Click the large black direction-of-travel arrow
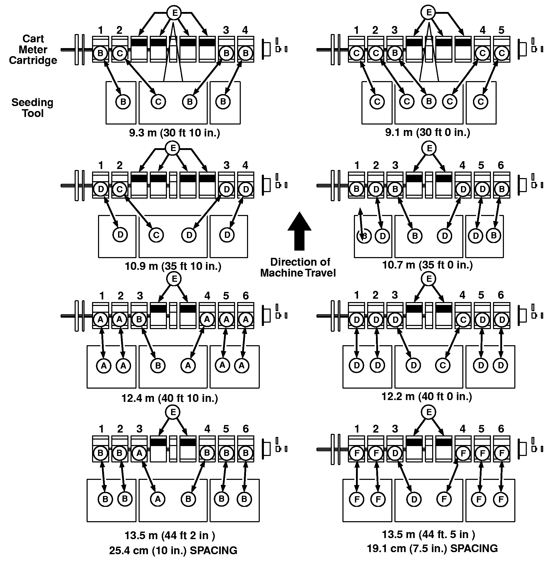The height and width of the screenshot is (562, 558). pos(299,231)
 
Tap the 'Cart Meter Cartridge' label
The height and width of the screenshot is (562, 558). pos(33,49)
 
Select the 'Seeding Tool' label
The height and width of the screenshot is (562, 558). pos(32,108)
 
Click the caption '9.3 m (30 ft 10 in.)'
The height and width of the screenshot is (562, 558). pos(174,133)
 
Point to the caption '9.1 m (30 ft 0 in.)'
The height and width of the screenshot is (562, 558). pos(427,132)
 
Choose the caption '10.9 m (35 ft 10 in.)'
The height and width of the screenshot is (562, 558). pos(173,266)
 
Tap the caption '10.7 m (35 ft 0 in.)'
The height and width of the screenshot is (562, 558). pos(427,265)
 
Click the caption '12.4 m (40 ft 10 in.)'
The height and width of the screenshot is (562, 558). pos(169,398)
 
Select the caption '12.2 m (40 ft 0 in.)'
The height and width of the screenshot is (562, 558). pos(426,396)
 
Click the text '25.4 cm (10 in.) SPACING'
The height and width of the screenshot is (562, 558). pos(173,550)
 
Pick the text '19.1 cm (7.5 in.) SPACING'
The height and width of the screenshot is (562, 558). pos(432,548)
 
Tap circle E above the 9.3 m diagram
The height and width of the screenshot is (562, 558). pos(174,13)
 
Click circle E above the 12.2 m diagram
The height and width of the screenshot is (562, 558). pos(429,279)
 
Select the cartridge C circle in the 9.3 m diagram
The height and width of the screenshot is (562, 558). pos(120,53)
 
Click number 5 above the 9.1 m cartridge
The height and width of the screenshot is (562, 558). pos(501,30)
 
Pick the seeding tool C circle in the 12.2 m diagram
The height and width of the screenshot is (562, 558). pos(443,365)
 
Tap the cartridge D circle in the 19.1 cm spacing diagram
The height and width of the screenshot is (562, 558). pos(395,453)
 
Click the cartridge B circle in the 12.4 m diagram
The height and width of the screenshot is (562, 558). pos(139,319)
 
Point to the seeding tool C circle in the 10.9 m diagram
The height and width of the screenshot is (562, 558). pos(156,235)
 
